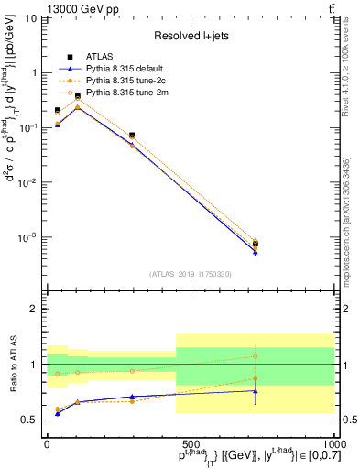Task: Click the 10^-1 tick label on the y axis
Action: pyautogui.click(x=30, y=127)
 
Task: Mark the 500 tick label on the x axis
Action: pyautogui.click(x=191, y=442)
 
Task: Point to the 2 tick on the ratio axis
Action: pyautogui.click(x=35, y=309)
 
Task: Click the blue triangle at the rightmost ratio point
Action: pyautogui.click(x=256, y=391)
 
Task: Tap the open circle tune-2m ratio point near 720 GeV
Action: pyautogui.click(x=256, y=356)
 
